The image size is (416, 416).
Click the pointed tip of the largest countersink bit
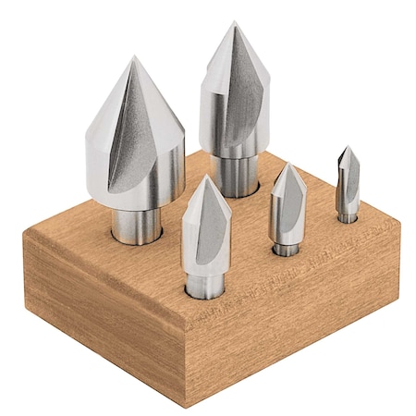tap(133, 58)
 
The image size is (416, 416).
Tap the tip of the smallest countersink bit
tap(344, 147)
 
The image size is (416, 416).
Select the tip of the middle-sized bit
tap(204, 177)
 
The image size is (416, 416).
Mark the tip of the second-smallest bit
tap(288, 165)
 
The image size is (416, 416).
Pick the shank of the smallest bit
tap(347, 214)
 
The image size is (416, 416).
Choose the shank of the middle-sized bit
tap(205, 282)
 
